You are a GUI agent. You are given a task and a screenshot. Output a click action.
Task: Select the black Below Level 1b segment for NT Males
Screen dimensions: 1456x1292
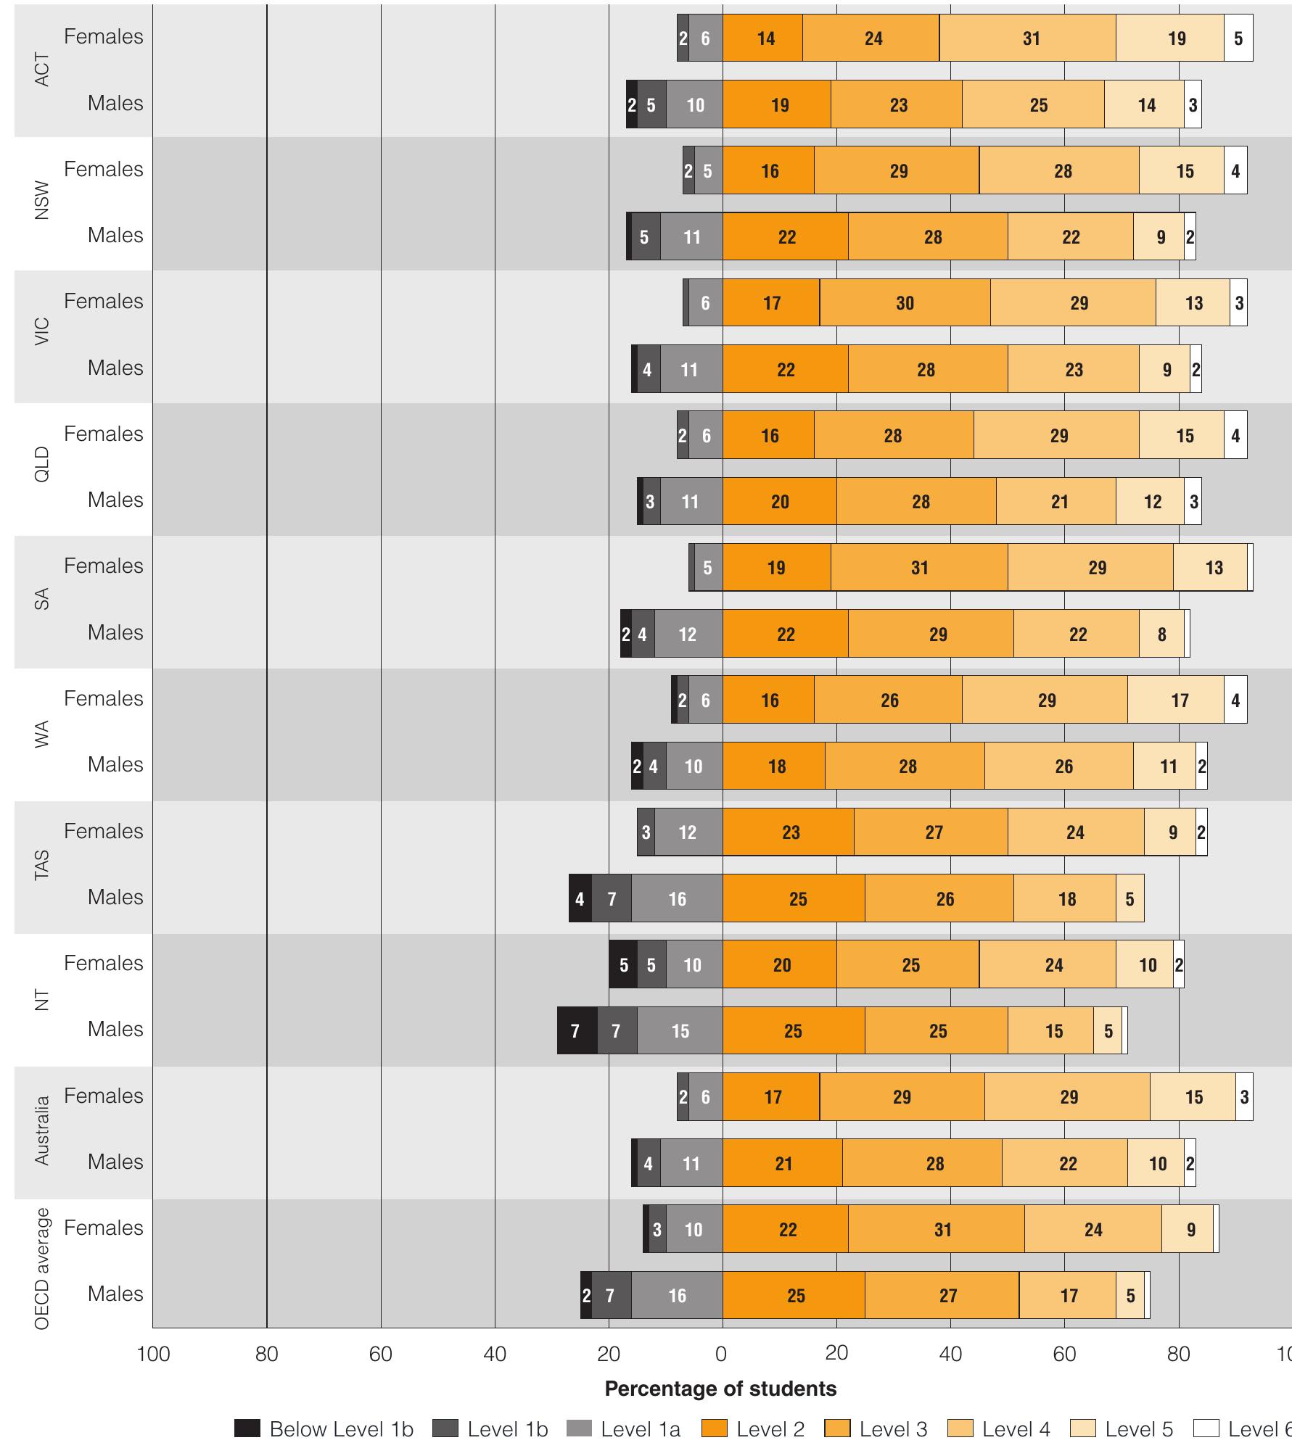tap(577, 1030)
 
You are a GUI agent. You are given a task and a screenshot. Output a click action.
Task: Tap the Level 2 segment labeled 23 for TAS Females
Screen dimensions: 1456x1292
tap(789, 832)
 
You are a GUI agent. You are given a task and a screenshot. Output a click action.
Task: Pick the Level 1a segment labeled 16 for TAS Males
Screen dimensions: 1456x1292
tap(677, 898)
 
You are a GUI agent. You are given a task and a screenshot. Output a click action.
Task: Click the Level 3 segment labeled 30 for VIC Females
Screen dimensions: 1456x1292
tap(905, 302)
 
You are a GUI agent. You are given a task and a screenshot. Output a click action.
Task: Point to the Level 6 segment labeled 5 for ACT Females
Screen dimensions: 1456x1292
tap(1238, 38)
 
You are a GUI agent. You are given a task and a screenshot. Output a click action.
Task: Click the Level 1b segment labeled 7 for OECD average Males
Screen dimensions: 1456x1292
tap(611, 1295)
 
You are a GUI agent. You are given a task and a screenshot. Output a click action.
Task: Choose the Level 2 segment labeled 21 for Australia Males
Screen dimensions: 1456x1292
tap(782, 1163)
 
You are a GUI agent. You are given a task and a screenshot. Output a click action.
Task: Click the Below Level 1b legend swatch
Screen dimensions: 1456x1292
tap(247, 1429)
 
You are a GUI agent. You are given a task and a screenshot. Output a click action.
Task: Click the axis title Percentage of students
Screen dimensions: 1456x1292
tap(720, 1389)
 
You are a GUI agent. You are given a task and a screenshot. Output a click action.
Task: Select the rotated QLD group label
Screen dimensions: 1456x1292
tap(42, 464)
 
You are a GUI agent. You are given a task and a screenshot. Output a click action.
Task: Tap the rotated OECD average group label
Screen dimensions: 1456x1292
tap(42, 1268)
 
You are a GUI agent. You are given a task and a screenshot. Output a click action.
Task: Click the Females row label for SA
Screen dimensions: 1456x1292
tap(104, 566)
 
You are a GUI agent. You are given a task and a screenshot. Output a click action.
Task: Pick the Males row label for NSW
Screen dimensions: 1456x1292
tap(115, 235)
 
